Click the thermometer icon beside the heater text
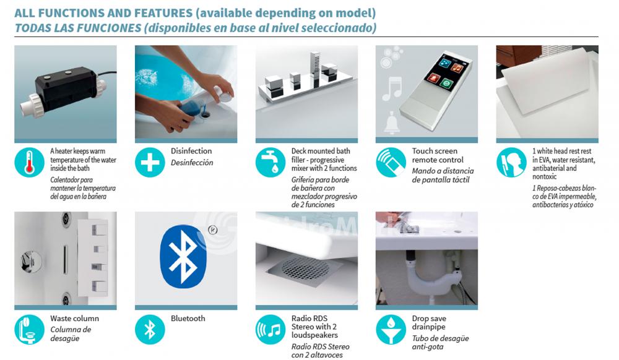[x=29, y=163]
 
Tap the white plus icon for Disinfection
[x=150, y=163]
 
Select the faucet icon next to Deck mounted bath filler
[x=271, y=163]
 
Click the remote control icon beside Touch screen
[x=391, y=163]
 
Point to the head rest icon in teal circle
[x=511, y=163]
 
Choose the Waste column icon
[x=29, y=330]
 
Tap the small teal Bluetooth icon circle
[x=150, y=330]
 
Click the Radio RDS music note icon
[x=271, y=330]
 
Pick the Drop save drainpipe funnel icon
[x=391, y=330]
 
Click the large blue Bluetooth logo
[x=183, y=256]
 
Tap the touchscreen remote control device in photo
[x=436, y=89]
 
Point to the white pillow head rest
[x=547, y=84]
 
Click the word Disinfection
[x=191, y=151]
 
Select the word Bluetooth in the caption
[x=188, y=318]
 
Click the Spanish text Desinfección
[x=192, y=163]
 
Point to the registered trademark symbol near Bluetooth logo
[x=212, y=230]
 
